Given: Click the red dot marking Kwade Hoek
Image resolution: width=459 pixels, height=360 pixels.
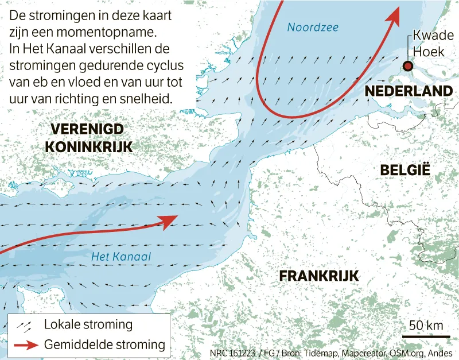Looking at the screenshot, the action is click(x=407, y=66).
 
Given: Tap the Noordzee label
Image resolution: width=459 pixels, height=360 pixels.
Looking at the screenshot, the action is click(x=313, y=27).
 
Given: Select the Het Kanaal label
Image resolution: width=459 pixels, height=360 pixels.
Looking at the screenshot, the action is click(x=121, y=257).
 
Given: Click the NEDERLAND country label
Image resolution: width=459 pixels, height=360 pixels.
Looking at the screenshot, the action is click(x=409, y=91).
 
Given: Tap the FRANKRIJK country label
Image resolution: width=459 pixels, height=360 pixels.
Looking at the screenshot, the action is click(x=319, y=276).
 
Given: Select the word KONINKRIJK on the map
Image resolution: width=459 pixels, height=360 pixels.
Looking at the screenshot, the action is click(x=89, y=147).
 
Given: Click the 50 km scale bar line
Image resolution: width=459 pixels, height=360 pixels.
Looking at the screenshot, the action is click(x=425, y=336).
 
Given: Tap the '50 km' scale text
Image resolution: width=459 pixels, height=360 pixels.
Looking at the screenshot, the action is click(x=426, y=326).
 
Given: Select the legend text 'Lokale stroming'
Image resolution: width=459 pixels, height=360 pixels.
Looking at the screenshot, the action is click(x=88, y=324).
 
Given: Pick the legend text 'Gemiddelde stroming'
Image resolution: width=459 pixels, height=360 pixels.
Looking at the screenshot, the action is click(x=104, y=345).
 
